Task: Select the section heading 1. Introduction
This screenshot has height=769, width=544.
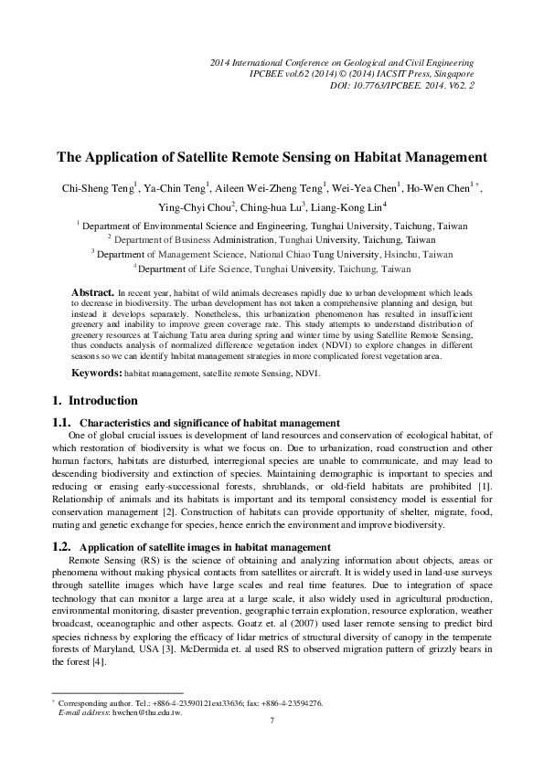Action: tap(95, 400)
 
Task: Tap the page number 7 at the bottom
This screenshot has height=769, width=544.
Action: tap(272, 721)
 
